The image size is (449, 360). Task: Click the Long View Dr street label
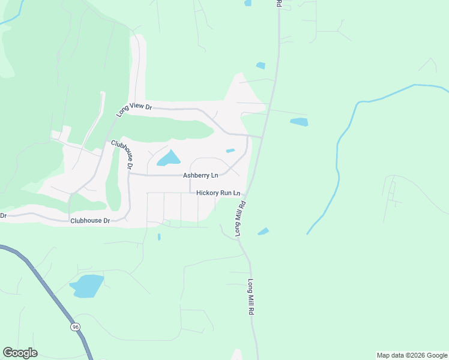pos(134,107)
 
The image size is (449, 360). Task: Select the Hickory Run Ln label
pos(218,193)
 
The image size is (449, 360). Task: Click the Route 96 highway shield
pos(75,326)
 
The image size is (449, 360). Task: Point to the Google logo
pos(20,353)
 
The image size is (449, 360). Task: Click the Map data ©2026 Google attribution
pos(412,355)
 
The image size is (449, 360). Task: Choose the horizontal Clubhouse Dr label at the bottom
pos(90,221)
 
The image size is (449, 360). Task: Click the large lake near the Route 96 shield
pos(88,286)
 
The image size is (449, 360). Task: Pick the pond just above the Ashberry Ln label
pos(169,158)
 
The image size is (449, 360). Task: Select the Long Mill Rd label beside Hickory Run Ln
pos(241,218)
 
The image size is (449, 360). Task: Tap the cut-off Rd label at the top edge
pos(279,3)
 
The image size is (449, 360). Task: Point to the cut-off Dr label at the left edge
pos(3,215)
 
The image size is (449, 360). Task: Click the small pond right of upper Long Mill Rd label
pos(263,232)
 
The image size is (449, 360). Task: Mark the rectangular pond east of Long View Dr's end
pos(299,122)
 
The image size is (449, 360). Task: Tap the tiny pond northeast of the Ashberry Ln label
pos(230,151)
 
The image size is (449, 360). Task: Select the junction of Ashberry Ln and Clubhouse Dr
pos(130,174)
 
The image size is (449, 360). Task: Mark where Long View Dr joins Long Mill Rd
pos(261,137)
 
